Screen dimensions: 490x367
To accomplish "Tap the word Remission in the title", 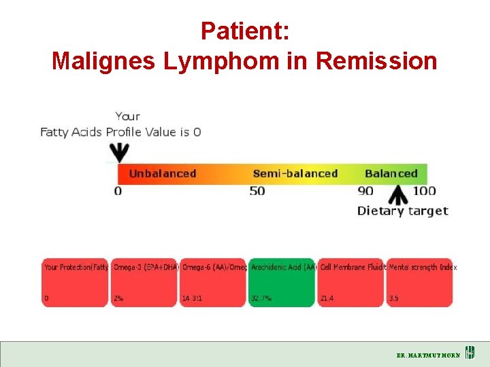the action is pyautogui.click(x=377, y=61).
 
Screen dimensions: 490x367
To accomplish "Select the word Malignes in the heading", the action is pyautogui.click(x=104, y=61).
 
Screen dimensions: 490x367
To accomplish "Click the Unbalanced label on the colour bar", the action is pyautogui.click(x=162, y=173).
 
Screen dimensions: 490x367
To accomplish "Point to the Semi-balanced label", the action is pyautogui.click(x=295, y=173).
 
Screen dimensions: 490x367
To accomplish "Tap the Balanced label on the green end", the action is pyautogui.click(x=391, y=173).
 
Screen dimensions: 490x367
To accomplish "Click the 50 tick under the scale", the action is pyautogui.click(x=257, y=191).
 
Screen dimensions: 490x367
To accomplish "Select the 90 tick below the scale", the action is pyautogui.click(x=365, y=191).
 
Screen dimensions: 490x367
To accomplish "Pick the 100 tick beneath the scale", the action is pyautogui.click(x=424, y=191).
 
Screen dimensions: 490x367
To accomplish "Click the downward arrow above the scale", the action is pyautogui.click(x=120, y=152).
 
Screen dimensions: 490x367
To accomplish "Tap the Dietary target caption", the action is pyautogui.click(x=402, y=211).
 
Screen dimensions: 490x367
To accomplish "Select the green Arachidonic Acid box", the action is pyautogui.click(x=281, y=282).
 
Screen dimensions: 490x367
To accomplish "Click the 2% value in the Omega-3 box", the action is pyautogui.click(x=118, y=298).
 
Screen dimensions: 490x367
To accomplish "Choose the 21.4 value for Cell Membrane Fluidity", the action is pyautogui.click(x=327, y=298).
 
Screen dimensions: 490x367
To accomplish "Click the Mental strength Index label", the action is pyautogui.click(x=423, y=267).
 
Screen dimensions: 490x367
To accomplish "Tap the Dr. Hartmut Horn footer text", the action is pyautogui.click(x=428, y=355).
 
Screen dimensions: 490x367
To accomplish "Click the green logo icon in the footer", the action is pyautogui.click(x=470, y=353).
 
